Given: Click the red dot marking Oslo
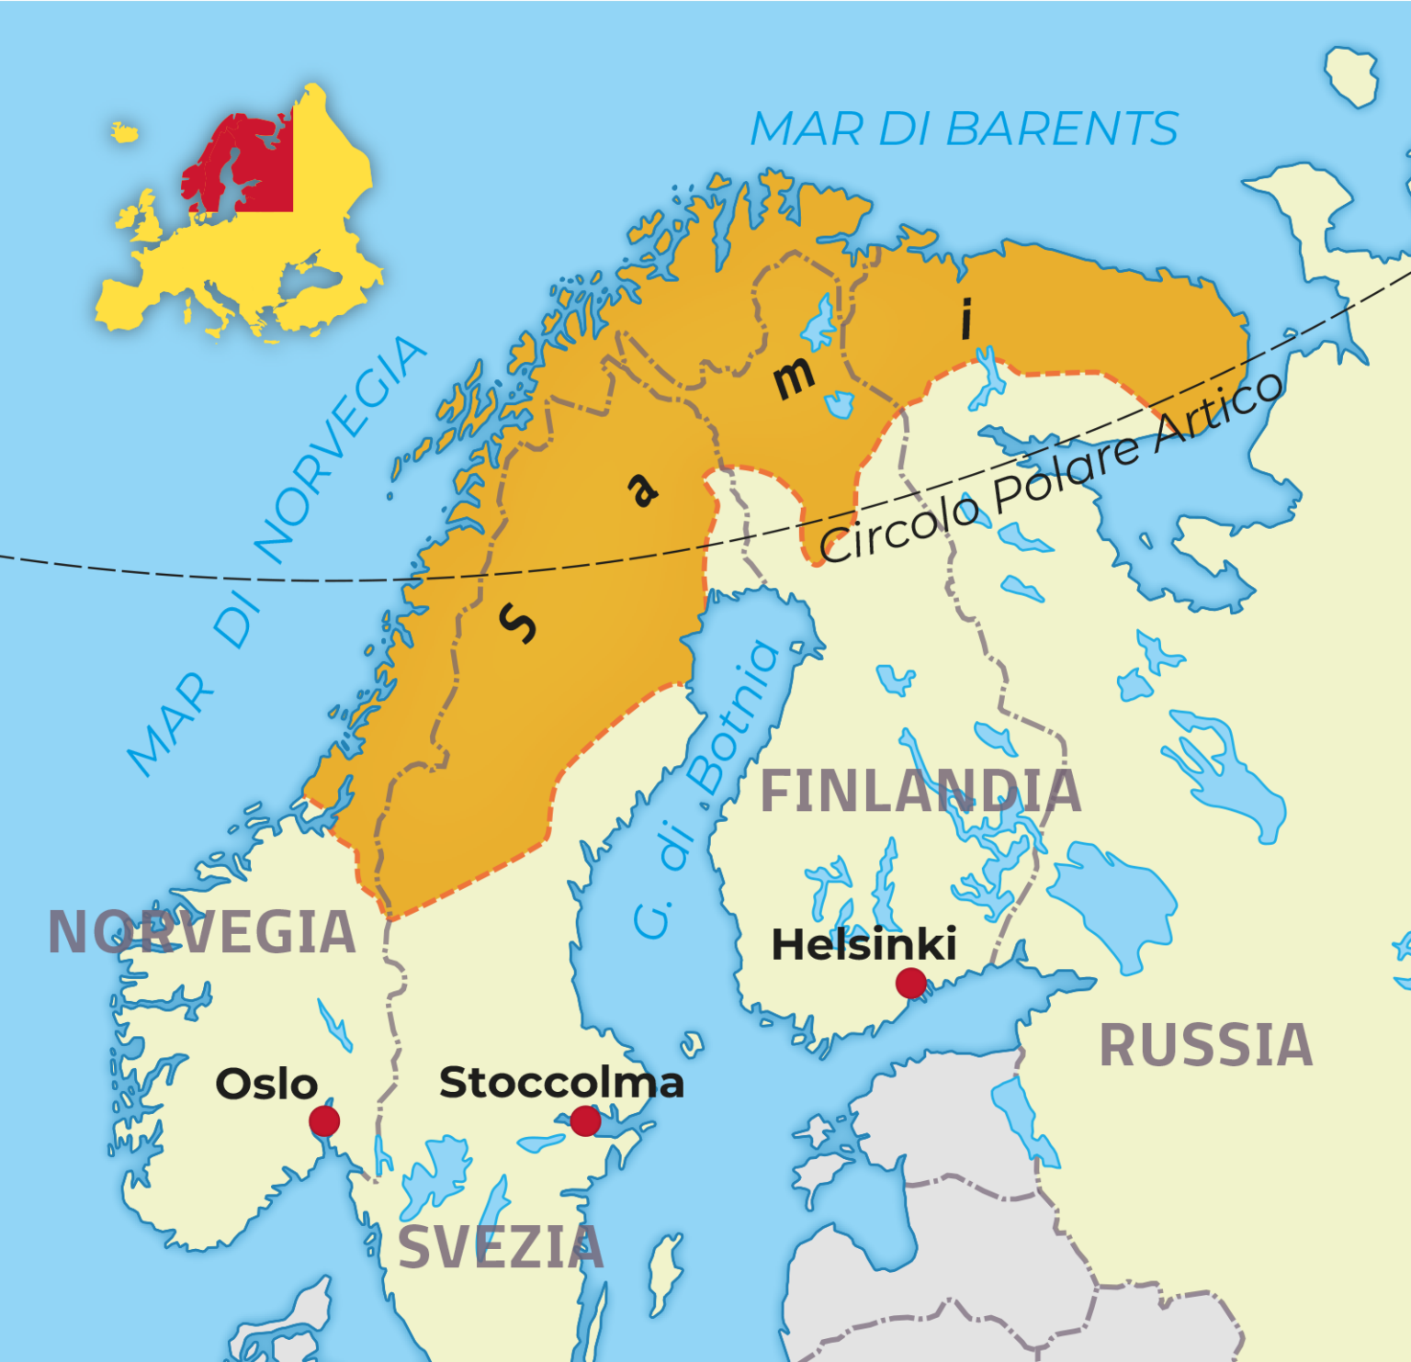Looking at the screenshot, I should tap(324, 1121).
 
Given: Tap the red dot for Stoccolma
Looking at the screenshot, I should tap(585, 1120).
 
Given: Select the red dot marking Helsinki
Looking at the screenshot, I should tap(910, 983).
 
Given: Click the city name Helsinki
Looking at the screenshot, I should tap(864, 944).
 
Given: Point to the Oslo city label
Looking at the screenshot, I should tap(266, 1085).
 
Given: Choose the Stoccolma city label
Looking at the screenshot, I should tap(561, 1083).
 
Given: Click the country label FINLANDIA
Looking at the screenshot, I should tap(920, 792).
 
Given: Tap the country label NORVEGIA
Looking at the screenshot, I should tap(202, 933).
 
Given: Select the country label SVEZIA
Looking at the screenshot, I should tap(501, 1248).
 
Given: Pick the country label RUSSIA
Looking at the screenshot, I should tap(1206, 1046).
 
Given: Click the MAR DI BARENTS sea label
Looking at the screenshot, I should tap(964, 129).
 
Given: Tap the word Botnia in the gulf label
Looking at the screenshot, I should tap(737, 718).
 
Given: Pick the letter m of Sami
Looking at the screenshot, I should tap(793, 377).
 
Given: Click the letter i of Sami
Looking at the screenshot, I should tap(965, 319).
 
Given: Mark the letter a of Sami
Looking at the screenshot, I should tap(643, 489).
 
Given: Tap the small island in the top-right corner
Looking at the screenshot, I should tap(1351, 75).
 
